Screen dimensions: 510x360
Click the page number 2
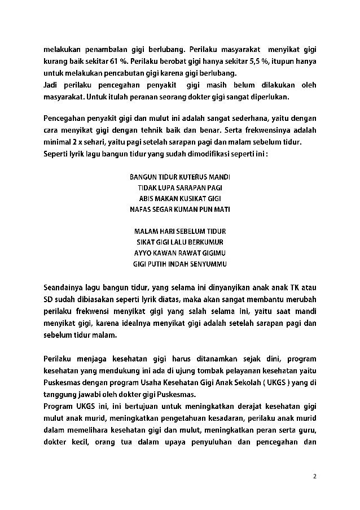pos(315,476)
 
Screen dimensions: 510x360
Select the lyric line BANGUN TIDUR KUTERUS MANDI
pos(180,177)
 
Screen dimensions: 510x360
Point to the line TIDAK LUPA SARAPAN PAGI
pos(180,188)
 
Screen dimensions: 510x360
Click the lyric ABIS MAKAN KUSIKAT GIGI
pos(180,198)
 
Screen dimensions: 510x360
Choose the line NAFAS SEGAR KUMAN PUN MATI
pos(180,209)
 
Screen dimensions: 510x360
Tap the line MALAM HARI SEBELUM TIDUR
pos(180,231)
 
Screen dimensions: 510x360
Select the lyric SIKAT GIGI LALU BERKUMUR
pos(180,242)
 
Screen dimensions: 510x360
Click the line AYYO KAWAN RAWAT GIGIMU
pos(180,252)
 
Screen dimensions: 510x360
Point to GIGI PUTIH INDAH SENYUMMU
pos(180,263)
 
